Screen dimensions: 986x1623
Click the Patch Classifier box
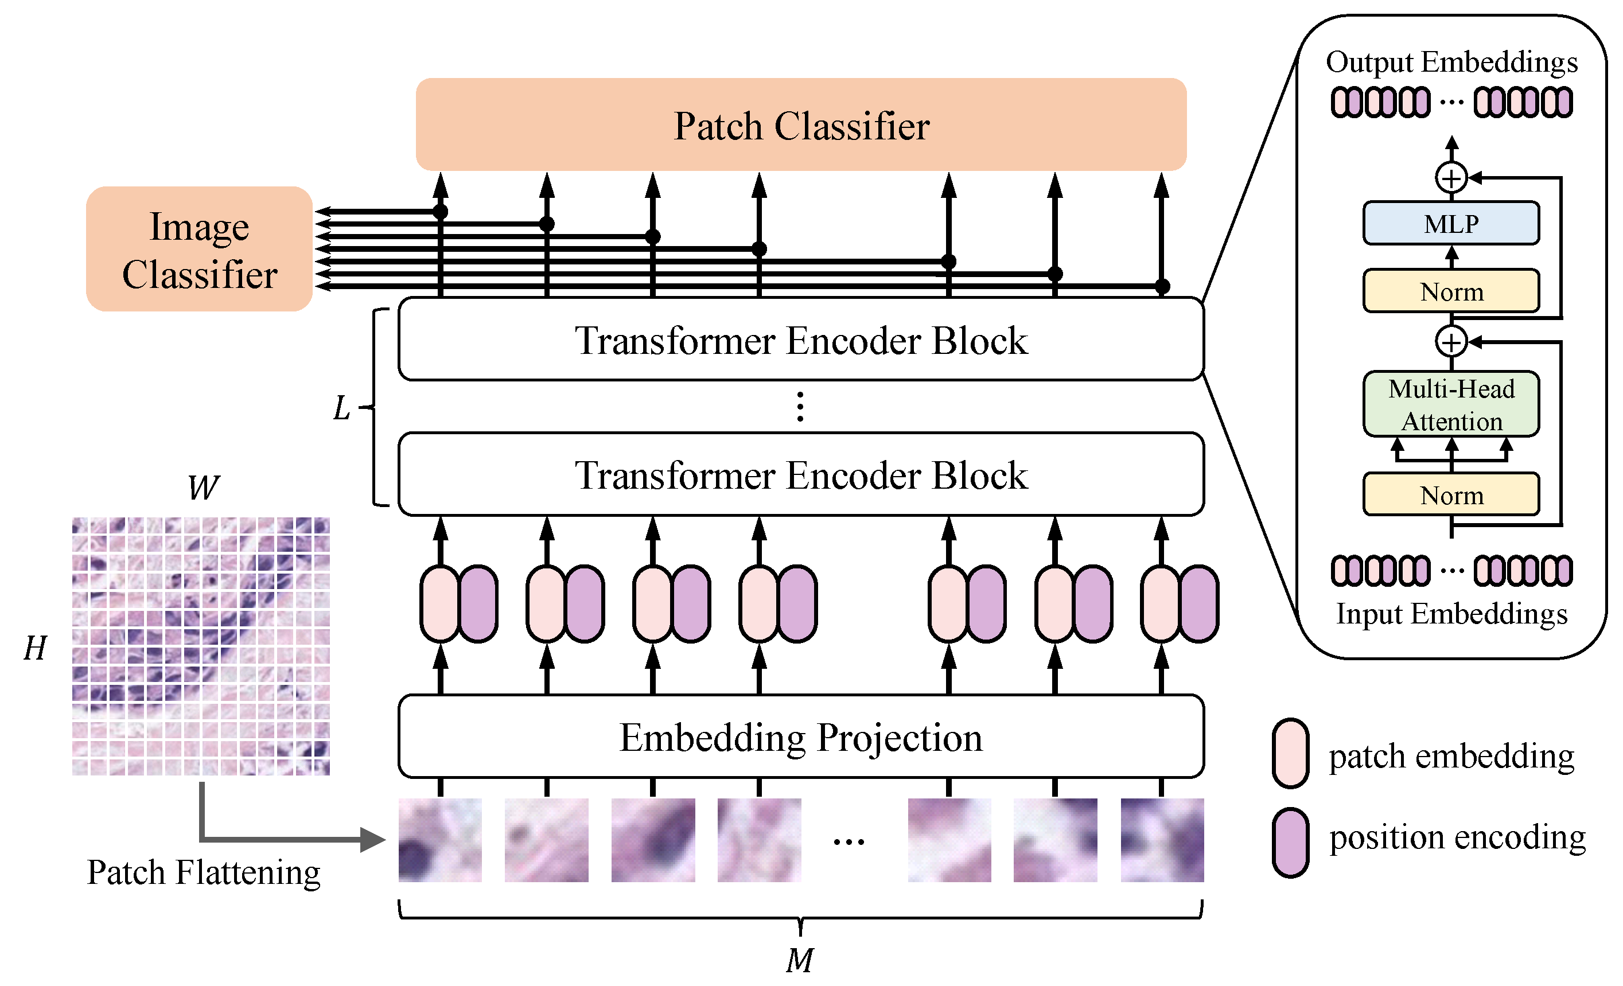coord(800,124)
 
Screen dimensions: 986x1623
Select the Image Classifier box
coord(199,249)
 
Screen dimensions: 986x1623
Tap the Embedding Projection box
coord(800,736)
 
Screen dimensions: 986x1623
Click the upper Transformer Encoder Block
coord(800,339)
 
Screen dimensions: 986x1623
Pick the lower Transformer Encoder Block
coord(800,474)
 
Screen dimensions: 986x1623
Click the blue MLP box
coord(1450,224)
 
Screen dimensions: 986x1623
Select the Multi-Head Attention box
coord(1450,404)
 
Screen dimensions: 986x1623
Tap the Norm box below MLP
coord(1450,291)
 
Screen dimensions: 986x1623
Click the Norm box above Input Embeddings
coord(1450,494)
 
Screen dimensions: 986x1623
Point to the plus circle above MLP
coord(1450,178)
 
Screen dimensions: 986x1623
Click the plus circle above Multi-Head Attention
coord(1450,341)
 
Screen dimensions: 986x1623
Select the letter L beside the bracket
coord(341,408)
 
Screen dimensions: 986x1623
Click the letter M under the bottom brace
coord(800,960)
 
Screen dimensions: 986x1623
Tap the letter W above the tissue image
coord(203,488)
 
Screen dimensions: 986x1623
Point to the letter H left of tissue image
coord(35,648)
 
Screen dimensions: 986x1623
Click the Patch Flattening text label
coord(204,872)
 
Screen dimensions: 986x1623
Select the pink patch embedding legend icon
coord(1290,753)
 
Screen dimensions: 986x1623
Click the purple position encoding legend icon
coord(1290,843)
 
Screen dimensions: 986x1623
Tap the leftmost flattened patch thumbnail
coord(440,840)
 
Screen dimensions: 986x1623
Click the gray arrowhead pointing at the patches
coord(372,839)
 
